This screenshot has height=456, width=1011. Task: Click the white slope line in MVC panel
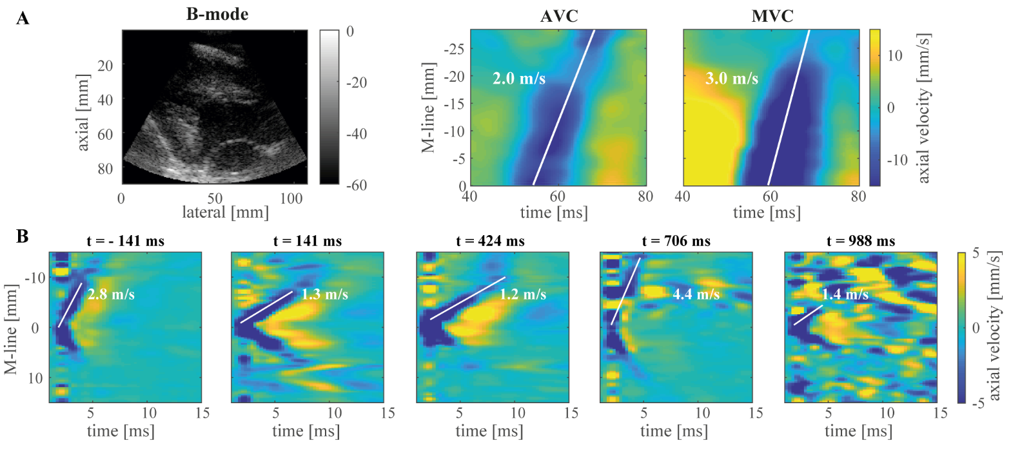tap(788, 108)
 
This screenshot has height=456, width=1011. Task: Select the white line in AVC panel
tap(564, 108)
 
